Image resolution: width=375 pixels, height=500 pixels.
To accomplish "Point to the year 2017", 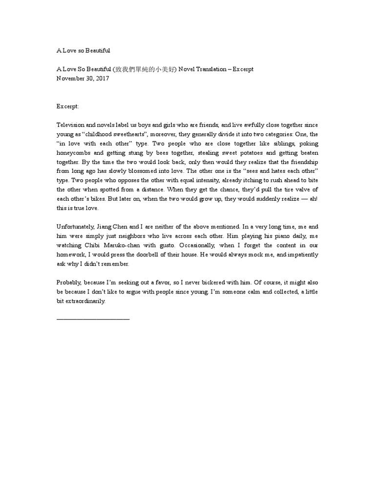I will (102, 79).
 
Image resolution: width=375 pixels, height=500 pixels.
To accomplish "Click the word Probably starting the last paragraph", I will (69, 282).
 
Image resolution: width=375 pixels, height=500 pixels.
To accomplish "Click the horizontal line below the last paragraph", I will (93, 318).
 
